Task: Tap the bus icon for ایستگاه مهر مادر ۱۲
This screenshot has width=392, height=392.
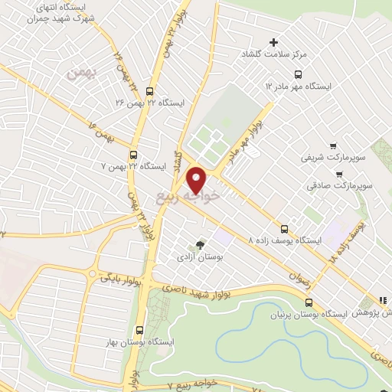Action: pos(298,74)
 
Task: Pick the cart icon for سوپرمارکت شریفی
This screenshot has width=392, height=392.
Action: pos(332,145)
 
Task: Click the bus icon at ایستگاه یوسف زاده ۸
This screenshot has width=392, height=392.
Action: pos(285,227)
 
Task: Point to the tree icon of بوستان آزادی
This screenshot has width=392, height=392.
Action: pos(201,245)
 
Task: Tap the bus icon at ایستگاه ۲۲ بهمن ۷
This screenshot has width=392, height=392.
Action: pos(134,153)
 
